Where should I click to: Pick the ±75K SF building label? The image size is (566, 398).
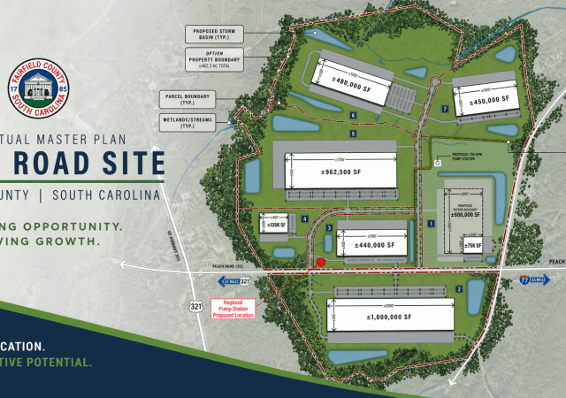click(x=472, y=245)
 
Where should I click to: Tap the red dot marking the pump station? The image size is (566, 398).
click(x=322, y=262)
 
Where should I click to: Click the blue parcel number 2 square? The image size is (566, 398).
click(x=458, y=288)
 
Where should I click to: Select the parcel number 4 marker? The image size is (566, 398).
click(x=304, y=218)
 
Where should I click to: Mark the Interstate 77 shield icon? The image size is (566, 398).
click(x=524, y=279)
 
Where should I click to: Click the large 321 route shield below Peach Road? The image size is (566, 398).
click(x=194, y=307)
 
